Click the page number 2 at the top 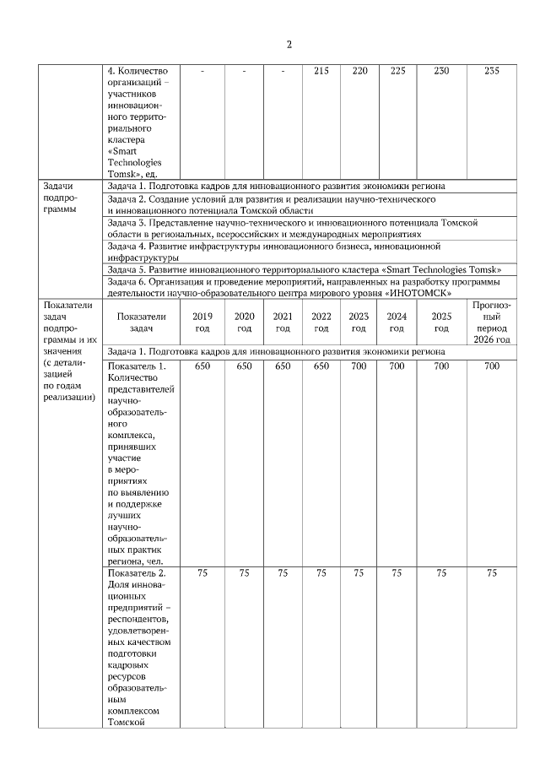pos(289,45)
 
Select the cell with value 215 pos(321,72)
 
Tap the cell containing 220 pos(359,72)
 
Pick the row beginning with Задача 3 pos(293,227)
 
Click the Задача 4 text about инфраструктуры pos(274,251)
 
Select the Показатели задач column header pos(141,322)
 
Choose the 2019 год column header pos(202,322)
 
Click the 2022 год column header pos(321,322)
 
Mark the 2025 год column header pos(441,322)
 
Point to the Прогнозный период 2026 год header pos(492,322)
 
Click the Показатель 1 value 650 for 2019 pos(202,366)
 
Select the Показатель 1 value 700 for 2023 pos(359,366)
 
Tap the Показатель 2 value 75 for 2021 pos(283,574)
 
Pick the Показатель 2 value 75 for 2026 pos(492,574)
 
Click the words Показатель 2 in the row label pos(137,574)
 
